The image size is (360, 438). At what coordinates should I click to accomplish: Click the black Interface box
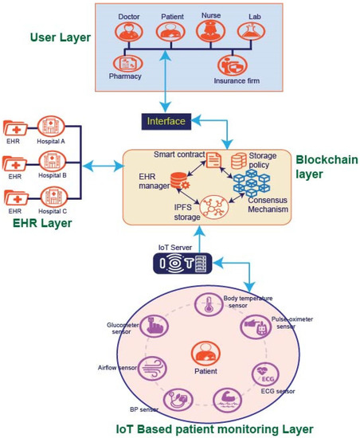coord(165,121)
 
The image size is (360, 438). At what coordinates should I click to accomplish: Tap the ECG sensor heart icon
coord(264,372)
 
